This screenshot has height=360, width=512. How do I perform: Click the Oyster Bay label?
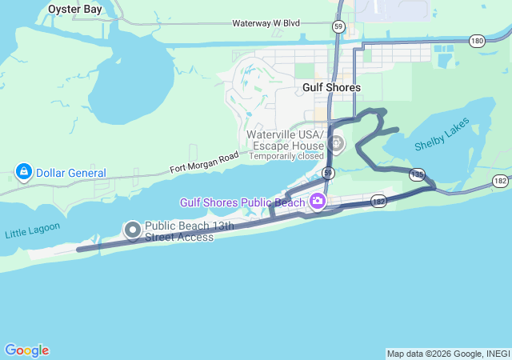[x=74, y=9]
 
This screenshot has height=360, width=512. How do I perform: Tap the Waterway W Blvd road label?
[x=266, y=23]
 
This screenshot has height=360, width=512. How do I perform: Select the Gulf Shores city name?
[x=331, y=87]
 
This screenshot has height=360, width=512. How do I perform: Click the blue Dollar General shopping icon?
[x=24, y=172]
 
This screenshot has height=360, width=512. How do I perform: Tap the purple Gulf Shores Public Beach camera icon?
[x=318, y=201]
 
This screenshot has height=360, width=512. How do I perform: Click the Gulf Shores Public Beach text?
[x=242, y=202]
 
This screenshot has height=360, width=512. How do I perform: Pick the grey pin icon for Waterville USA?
[x=336, y=145]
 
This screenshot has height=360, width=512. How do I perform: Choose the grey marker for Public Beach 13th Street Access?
[x=133, y=231]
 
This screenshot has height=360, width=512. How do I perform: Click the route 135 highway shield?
[x=417, y=174]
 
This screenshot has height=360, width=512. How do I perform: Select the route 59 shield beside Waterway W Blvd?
[x=339, y=27]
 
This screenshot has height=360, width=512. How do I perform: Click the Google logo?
[x=26, y=350]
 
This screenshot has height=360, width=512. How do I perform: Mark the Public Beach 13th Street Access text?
[x=189, y=231]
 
